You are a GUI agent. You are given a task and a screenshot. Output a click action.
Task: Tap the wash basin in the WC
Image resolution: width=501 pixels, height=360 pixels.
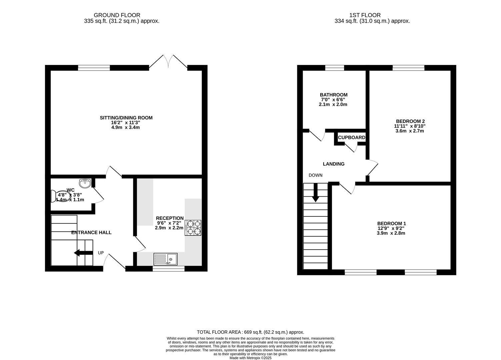[85, 183]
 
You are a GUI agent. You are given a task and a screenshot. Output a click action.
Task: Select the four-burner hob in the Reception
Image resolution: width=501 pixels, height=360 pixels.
[193, 228]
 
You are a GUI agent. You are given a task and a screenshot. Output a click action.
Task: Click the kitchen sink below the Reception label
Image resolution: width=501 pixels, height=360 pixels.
[166, 259]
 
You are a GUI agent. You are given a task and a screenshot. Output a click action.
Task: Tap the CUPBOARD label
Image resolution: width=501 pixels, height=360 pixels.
[351, 137]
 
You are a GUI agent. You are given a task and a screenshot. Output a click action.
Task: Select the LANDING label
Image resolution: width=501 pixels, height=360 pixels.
[333, 164]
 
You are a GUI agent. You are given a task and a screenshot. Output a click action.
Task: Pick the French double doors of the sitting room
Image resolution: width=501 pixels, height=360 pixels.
[168, 62]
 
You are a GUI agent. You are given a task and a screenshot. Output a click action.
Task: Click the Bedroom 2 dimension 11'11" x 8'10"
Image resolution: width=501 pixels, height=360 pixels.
[410, 126]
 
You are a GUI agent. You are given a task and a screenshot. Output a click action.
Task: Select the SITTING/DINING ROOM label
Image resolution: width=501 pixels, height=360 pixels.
[126, 118]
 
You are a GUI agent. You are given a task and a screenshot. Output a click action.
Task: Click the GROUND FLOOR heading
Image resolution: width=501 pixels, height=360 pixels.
[117, 15]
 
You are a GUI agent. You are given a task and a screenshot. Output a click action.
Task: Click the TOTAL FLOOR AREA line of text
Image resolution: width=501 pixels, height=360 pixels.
[250, 332]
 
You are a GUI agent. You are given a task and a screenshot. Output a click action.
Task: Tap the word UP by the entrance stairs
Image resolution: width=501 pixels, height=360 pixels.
[101, 253]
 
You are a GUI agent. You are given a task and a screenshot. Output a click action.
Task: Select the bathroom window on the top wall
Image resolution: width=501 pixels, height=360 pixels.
[334, 68]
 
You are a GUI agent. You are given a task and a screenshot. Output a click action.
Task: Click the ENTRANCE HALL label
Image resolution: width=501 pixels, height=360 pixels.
[91, 232]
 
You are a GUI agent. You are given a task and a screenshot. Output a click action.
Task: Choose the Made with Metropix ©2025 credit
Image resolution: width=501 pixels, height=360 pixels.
[250, 358]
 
